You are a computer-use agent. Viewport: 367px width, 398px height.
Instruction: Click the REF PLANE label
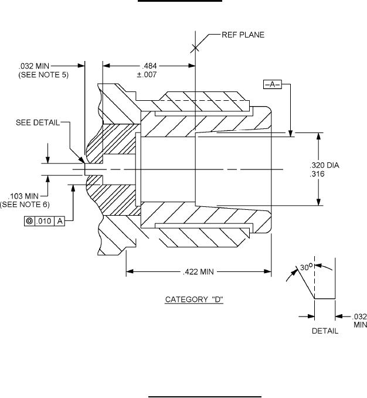pyautogui.click(x=243, y=35)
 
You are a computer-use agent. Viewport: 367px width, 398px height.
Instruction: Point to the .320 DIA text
pyautogui.click(x=324, y=165)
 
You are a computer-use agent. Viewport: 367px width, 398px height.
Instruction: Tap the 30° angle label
pyautogui.click(x=304, y=267)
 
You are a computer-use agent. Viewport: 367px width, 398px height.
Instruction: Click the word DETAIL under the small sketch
pyautogui.click(x=324, y=331)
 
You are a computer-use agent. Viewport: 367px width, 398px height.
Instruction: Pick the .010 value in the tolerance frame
pyautogui.click(x=44, y=222)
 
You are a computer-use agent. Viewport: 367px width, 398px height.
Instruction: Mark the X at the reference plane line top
pyautogui.click(x=194, y=48)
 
